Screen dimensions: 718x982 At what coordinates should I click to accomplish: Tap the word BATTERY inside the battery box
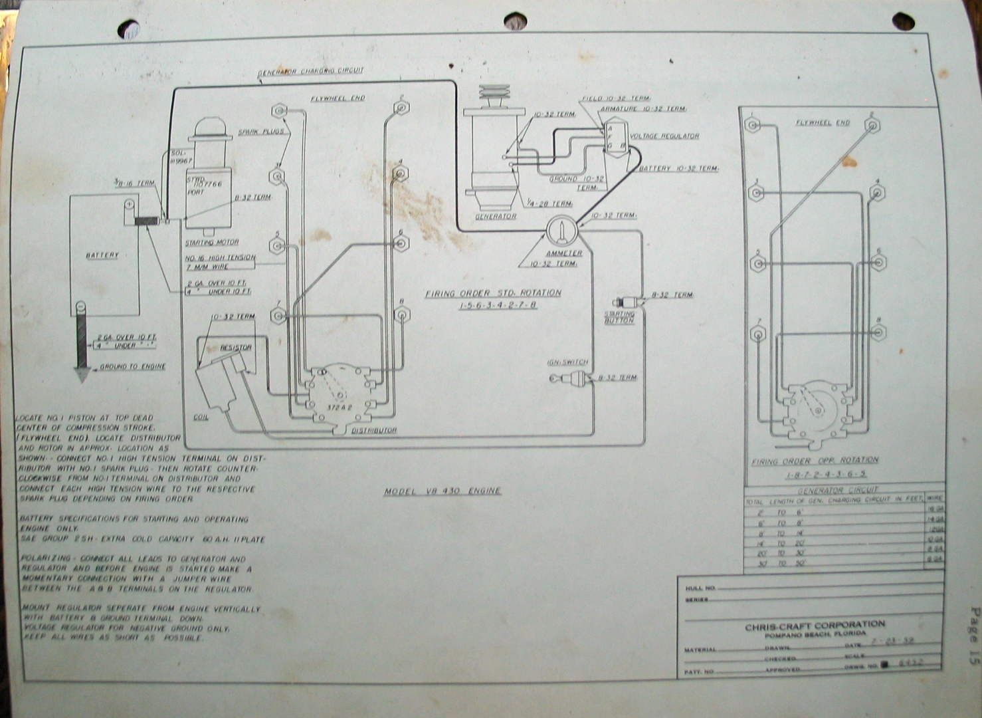[x=102, y=255]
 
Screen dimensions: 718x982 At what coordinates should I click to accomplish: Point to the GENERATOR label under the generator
[x=496, y=217]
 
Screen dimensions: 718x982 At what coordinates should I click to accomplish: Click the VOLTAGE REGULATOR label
[x=664, y=136]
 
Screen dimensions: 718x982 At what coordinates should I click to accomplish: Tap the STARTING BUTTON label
[x=619, y=317]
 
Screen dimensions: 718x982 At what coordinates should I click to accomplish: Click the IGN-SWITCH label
[x=567, y=362]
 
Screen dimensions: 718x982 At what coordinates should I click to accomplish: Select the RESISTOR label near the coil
[x=236, y=348]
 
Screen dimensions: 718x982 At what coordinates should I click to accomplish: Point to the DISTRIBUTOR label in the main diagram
[x=374, y=430]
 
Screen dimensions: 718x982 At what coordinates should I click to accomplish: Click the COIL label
[x=201, y=417]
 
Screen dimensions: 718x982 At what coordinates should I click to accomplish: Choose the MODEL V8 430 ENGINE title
[x=442, y=491]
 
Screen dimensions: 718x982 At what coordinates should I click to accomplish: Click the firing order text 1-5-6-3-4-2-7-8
[x=498, y=305]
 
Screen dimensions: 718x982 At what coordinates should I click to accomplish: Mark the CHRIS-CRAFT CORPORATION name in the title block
[x=815, y=626]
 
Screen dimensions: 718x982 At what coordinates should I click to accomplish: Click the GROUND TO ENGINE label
[x=132, y=367]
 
